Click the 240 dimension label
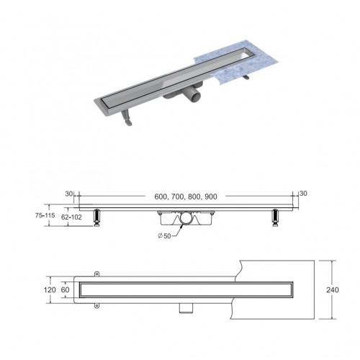point(333,289)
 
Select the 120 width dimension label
point(50,289)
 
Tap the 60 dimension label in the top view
point(65,289)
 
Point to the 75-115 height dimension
point(45,215)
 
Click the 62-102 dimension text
point(71,217)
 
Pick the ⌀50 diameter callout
point(165,235)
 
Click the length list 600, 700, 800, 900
point(186,197)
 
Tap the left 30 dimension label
point(68,194)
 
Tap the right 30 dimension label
point(303,193)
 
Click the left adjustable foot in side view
point(96,217)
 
